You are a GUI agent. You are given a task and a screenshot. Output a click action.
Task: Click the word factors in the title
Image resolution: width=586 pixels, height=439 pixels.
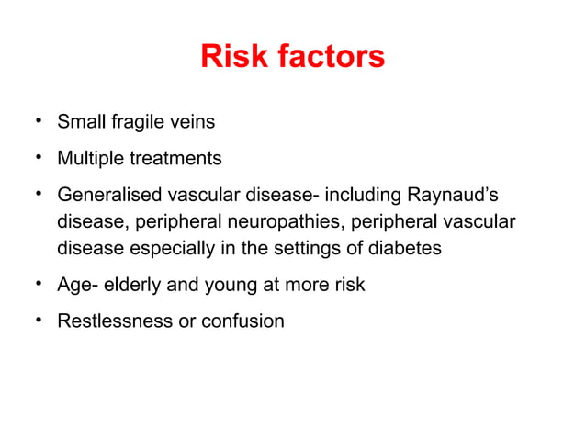[326, 57]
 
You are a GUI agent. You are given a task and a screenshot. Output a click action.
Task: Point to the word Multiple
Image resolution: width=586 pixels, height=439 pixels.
[89, 159]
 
